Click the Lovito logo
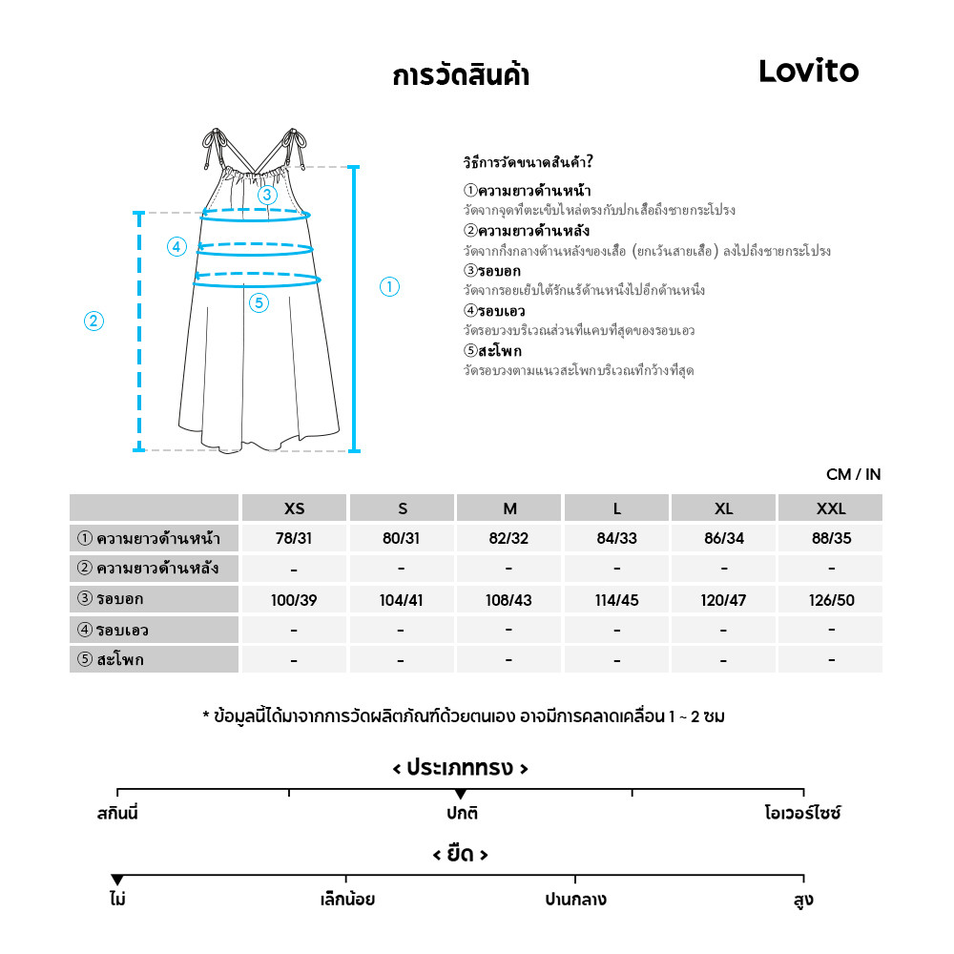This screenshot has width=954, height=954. pos(808,71)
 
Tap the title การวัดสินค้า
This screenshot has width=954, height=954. pos(461,75)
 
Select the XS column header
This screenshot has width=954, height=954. pos(294,508)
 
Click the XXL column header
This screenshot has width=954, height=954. pos(831,508)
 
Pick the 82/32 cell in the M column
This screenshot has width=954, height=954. pos(508,538)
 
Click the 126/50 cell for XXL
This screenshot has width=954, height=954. pos(831,600)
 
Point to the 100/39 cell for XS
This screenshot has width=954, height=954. pos(294,600)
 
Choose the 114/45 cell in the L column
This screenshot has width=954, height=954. pos(616,600)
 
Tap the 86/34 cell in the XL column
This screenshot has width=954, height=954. pos(724,538)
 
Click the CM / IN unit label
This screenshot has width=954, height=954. pos(854,475)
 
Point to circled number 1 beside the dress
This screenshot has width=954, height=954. pos(389,286)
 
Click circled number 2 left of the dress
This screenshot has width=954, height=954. pos(93,321)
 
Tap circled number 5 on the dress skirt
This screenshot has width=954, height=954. pos(259,303)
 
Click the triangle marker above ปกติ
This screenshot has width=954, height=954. pos(461,794)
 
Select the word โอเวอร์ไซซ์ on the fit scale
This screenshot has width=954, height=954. pos(802,815)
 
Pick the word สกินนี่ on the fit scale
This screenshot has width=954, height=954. pos(117,815)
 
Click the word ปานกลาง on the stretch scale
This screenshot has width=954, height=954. pos(575,900)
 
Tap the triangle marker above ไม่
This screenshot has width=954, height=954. pos(117,879)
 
